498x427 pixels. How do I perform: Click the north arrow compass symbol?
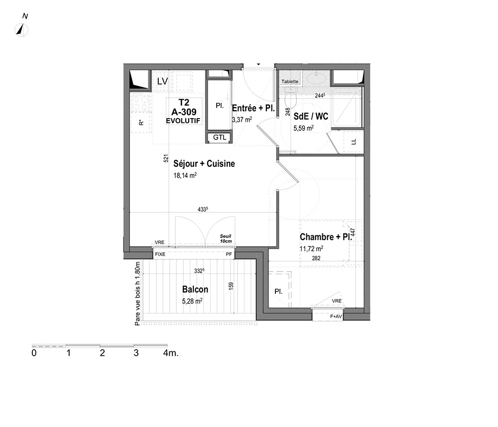coord(21,30)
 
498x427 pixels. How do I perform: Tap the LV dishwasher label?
coord(162,81)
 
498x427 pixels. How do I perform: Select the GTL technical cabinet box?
coord(220,137)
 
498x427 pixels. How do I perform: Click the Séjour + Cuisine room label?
coord(204,163)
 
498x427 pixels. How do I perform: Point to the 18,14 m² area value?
coord(185,175)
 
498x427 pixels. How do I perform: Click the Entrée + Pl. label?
coord(253,108)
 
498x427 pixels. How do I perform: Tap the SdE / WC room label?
coord(311,116)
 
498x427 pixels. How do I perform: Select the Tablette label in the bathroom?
coord(290,82)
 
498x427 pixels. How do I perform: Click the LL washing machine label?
coord(354,142)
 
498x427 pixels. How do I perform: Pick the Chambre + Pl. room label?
coord(326,237)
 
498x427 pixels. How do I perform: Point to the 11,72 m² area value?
coord(312,249)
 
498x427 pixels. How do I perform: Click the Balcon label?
coord(195,289)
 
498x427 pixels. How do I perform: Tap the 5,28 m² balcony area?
coord(192,300)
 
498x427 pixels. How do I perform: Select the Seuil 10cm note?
coord(226,239)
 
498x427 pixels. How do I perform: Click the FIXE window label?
coord(160,254)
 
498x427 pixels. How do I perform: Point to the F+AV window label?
coord(336,316)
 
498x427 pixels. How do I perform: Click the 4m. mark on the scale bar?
coord(171,353)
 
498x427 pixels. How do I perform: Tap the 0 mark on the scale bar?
coord(34,353)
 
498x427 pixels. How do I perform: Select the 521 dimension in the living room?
coord(166,158)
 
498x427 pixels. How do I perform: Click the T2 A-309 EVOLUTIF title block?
coord(184,112)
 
